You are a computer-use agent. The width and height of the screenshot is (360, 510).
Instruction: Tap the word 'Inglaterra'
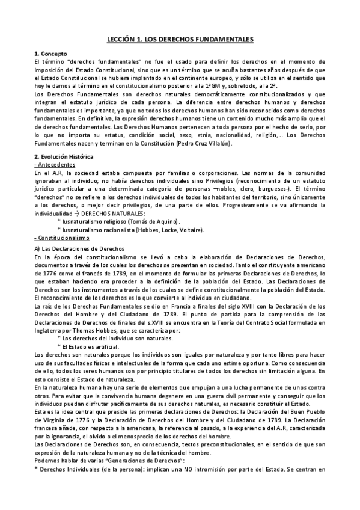[49, 331]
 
